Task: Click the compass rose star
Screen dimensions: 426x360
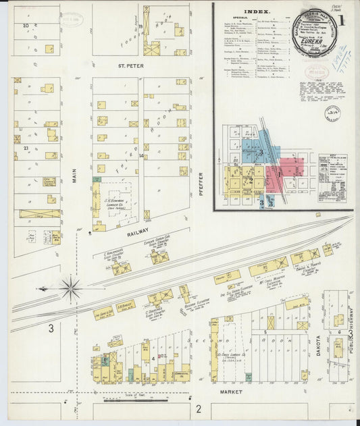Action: pos(70,288)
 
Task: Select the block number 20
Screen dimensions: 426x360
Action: pos(25,26)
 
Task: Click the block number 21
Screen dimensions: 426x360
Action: pos(24,147)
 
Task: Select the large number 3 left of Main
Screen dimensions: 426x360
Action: pos(51,329)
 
